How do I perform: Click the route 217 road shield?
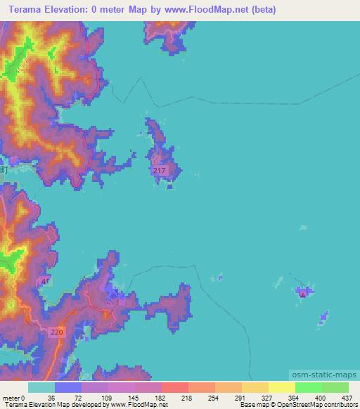point(159,171)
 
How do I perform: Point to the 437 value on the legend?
point(347,398)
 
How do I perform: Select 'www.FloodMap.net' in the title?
point(202,10)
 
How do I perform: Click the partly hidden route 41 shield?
point(46,281)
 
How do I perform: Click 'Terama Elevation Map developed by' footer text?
point(49,405)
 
